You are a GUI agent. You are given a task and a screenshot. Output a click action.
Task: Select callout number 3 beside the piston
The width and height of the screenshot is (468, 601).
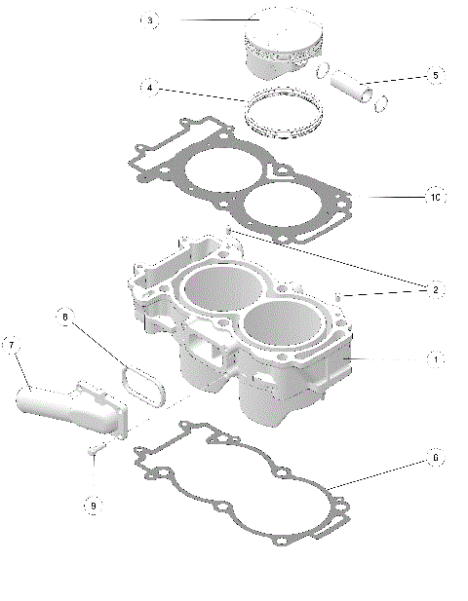coord(149,20)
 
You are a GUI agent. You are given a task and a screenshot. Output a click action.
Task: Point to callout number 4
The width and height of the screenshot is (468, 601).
coord(149,88)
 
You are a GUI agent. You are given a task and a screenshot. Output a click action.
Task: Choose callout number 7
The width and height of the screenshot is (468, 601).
coord(12,345)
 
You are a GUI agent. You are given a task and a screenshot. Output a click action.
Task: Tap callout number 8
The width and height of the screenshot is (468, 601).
coord(65,317)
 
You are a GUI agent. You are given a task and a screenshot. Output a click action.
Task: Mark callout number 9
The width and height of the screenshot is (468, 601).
coord(92,506)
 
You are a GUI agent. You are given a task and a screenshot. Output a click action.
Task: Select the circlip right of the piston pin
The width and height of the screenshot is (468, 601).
coord(383,97)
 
